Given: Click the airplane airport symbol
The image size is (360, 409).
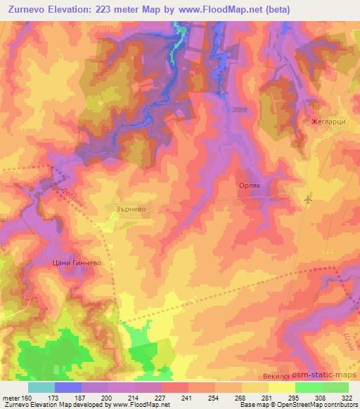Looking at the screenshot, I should point(307,200).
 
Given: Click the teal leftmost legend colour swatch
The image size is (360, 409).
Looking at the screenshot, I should point(41,387).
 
